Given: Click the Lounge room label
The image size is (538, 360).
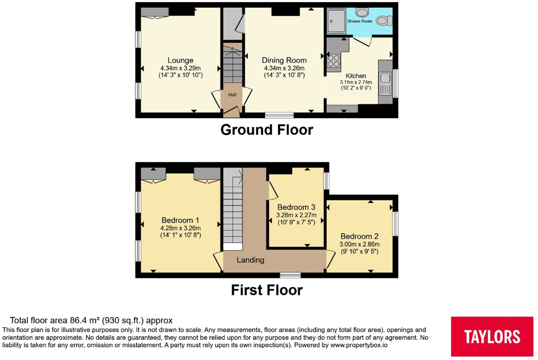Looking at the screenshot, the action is pyautogui.click(x=181, y=61).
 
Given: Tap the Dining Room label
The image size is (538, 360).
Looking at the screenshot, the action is pyautogui.click(x=284, y=61).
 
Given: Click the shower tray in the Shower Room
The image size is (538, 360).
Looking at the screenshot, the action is pyautogui.click(x=336, y=21).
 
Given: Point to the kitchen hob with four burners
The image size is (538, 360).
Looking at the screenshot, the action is pyautogui.click(x=333, y=61).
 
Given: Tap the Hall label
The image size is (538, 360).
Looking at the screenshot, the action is pyautogui.click(x=232, y=95).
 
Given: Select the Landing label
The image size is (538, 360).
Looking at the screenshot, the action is pyautogui.click(x=251, y=260).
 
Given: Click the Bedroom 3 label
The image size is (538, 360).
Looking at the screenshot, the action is pyautogui.click(x=296, y=207).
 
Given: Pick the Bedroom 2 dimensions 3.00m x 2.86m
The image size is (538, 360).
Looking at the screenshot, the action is pyautogui.click(x=359, y=244).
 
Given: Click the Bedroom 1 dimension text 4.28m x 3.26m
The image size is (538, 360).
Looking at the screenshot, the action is pyautogui.click(x=181, y=228).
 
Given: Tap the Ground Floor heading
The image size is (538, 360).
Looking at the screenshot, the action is pyautogui.click(x=267, y=130).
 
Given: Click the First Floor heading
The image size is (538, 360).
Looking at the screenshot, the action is pyautogui.click(x=267, y=291).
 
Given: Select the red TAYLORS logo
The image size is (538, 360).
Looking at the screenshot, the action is pyautogui.click(x=492, y=337).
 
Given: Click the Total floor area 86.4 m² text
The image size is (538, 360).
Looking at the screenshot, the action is pyautogui.click(x=91, y=321).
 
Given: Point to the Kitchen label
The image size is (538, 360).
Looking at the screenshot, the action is pyautogui.click(x=356, y=76).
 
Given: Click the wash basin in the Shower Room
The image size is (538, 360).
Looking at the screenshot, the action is pyautogui.click(x=362, y=13).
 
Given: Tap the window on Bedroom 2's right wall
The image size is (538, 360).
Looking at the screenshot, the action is pyautogui.click(x=395, y=224).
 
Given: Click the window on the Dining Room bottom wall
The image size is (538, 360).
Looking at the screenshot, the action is pyautogui.click(x=280, y=115).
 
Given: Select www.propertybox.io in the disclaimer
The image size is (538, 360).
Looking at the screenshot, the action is pyautogui.click(x=359, y=345).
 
